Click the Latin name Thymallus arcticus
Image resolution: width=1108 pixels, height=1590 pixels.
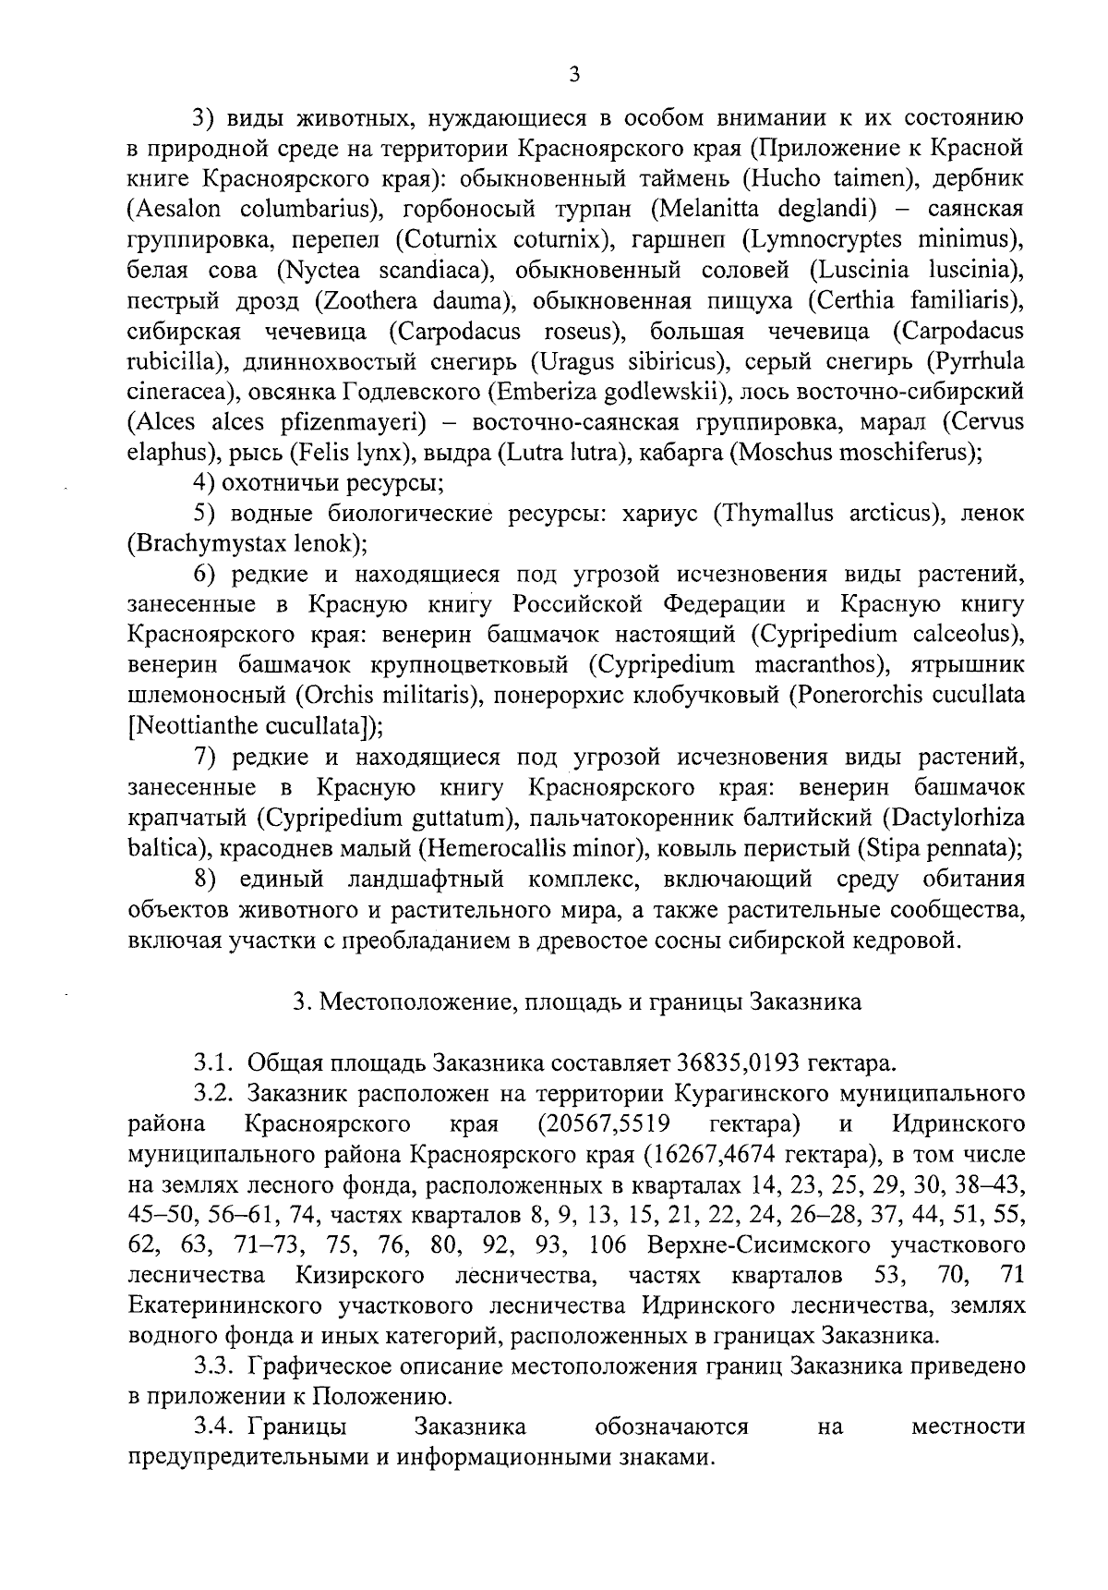[x=825, y=514]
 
